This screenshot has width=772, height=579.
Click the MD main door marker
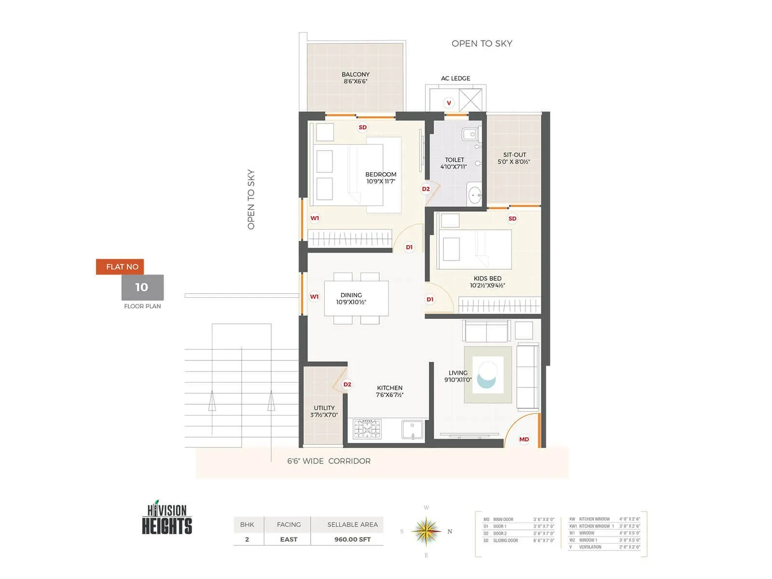[524, 439]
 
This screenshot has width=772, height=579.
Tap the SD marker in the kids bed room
[512, 219]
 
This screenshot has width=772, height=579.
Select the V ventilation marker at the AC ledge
[449, 103]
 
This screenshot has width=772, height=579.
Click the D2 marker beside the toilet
[426, 189]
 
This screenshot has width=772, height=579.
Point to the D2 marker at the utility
[347, 385]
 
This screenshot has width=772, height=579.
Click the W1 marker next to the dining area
[314, 297]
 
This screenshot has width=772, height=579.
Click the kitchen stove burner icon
[367, 429]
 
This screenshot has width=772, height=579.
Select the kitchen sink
[413, 429]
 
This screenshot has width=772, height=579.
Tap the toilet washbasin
[475, 195]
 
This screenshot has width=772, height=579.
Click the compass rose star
[426, 531]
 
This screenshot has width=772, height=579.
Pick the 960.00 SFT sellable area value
[352, 539]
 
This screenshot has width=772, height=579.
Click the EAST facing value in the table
[289, 539]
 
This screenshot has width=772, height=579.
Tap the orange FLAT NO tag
[120, 267]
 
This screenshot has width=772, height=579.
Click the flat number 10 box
[142, 288]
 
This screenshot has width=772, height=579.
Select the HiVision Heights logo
[167, 518]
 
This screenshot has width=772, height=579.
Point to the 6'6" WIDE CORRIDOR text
[329, 461]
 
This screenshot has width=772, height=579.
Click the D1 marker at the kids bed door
[430, 300]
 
